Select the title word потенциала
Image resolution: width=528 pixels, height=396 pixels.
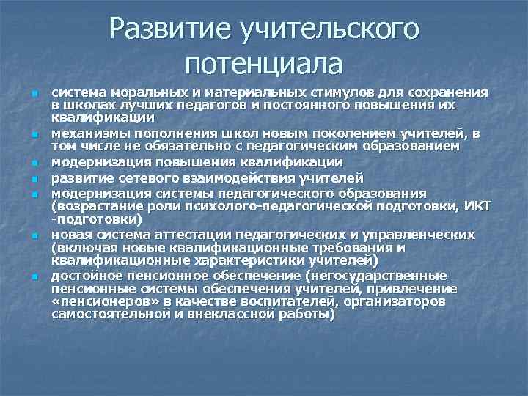[x=265, y=64]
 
